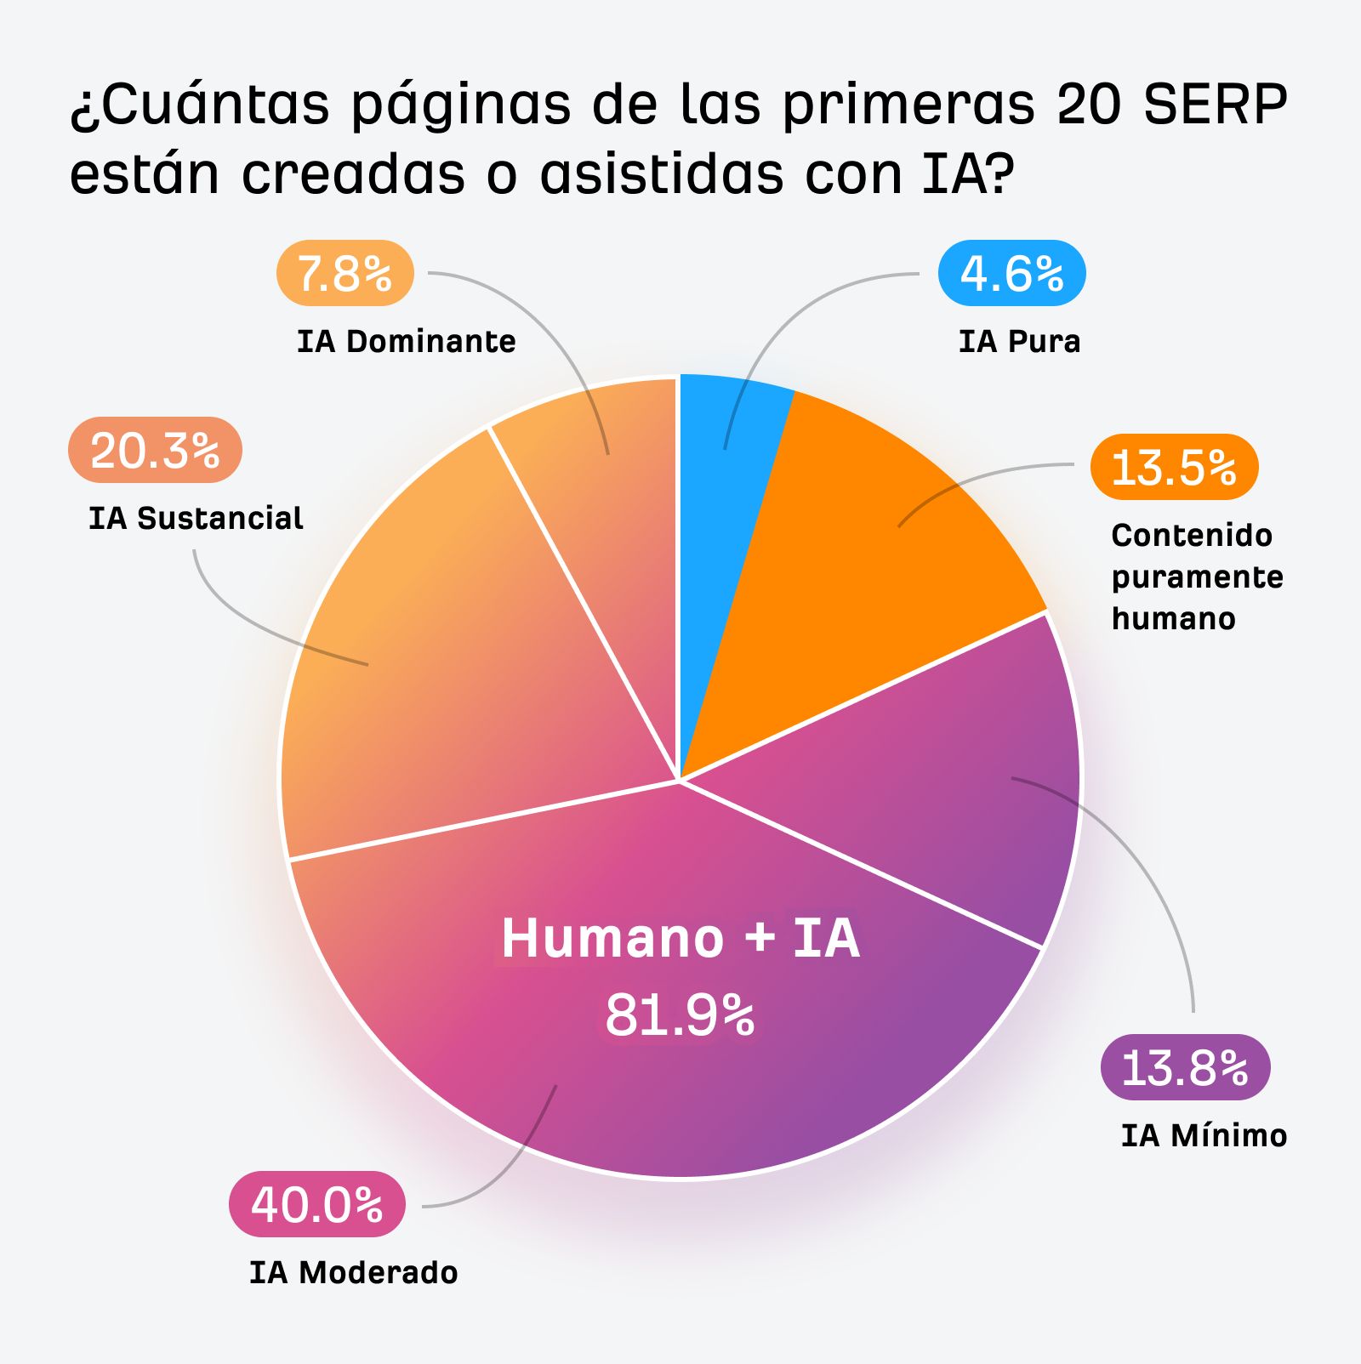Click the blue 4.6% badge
coord(1011,274)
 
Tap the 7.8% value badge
coord(345,274)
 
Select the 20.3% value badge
coord(155,450)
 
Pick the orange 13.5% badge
coord(1174,467)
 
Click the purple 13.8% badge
coord(1185,1067)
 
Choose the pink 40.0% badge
coord(316,1204)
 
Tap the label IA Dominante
coord(406,342)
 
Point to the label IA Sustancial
coord(196,519)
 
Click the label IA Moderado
coord(353,1273)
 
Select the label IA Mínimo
coord(1204,1136)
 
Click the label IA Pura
coord(1019,342)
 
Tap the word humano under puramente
coord(1173,619)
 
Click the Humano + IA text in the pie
coord(680,938)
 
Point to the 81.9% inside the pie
coord(680,1014)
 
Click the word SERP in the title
coord(1216,105)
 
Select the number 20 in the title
coord(1090,105)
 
